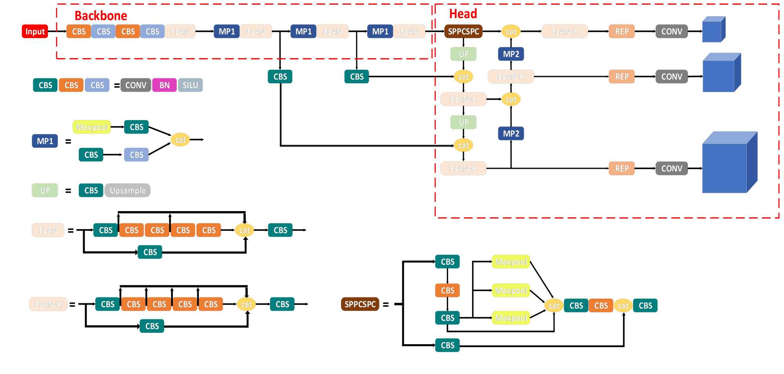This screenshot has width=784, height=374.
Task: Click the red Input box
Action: (x=35, y=31)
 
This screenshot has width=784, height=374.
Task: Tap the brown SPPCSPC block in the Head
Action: (x=463, y=31)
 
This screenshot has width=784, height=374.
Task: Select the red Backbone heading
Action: (x=101, y=16)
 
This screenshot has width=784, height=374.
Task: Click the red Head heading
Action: (x=463, y=14)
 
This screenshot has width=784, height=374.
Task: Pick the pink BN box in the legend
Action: (x=164, y=85)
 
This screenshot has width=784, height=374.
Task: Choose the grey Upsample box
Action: (x=127, y=190)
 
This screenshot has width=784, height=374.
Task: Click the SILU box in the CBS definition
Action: (x=190, y=85)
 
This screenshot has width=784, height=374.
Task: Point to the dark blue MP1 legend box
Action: (x=45, y=141)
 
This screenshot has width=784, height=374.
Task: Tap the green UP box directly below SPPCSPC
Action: (x=463, y=54)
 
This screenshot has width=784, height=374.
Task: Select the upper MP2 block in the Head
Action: (x=511, y=54)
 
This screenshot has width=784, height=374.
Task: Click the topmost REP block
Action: (x=622, y=31)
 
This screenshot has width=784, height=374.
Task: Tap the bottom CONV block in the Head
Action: (x=671, y=168)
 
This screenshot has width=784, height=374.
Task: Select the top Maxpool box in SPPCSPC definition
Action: (x=511, y=262)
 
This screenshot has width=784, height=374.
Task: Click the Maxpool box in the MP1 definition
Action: (x=92, y=127)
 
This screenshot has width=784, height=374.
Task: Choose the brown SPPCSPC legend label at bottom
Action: (x=360, y=304)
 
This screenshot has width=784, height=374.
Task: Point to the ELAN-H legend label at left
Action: (x=49, y=304)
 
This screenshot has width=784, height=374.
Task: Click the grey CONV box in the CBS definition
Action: (x=136, y=85)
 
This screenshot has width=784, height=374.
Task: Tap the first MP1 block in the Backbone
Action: (x=227, y=31)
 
